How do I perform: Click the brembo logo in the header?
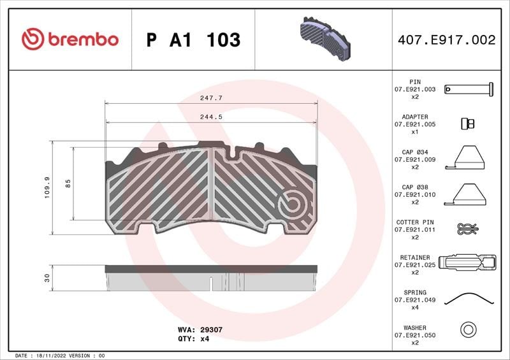coord(70,39)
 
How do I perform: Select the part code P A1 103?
coord(194,40)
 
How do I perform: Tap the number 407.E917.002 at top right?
coord(447,40)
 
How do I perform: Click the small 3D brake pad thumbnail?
coord(325,39)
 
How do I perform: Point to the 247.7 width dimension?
coord(212,97)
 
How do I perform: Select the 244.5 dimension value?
coord(212,117)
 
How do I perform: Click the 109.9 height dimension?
coord(47,187)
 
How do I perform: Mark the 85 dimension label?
coord(68,184)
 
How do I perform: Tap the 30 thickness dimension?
coord(47,278)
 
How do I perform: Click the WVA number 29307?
coord(212,329)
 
